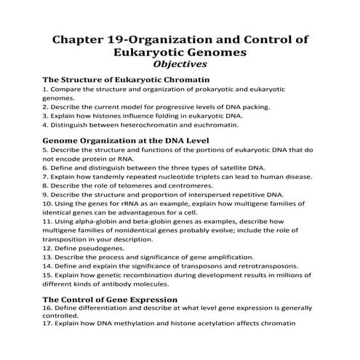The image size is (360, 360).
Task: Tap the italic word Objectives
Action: (180, 64)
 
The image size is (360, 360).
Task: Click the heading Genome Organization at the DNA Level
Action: (126, 140)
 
